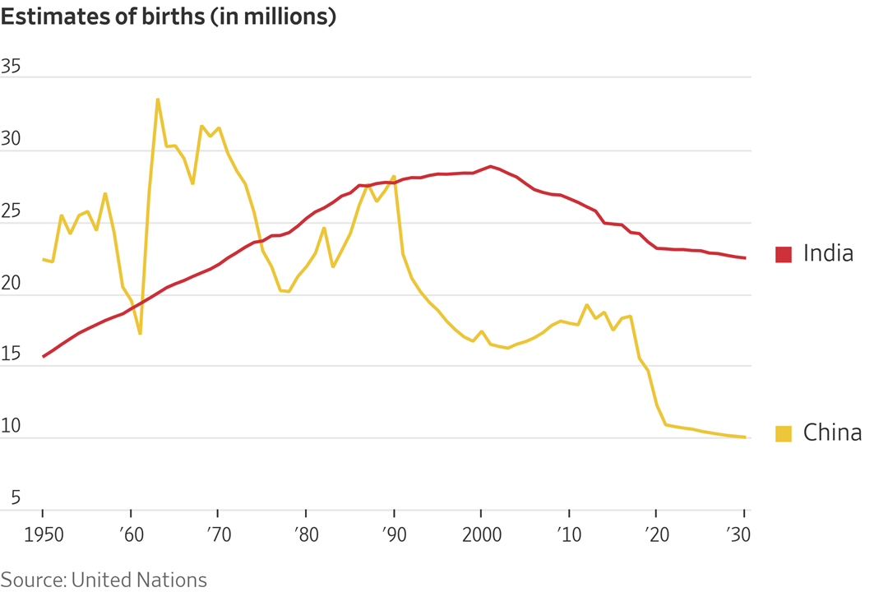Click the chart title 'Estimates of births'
point(169,17)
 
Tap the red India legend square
point(784,254)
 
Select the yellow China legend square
point(784,433)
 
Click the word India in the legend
point(828,254)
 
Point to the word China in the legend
point(832,433)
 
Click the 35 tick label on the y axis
point(11,67)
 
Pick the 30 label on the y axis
point(11,140)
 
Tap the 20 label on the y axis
point(11,284)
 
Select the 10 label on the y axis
point(11,428)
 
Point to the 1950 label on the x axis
point(42,534)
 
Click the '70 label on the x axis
point(217,534)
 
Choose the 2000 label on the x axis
point(482,534)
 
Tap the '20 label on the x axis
point(656,534)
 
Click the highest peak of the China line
point(158,99)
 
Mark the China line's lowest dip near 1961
point(141,333)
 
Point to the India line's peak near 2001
point(491,166)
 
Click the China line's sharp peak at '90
point(394,176)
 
